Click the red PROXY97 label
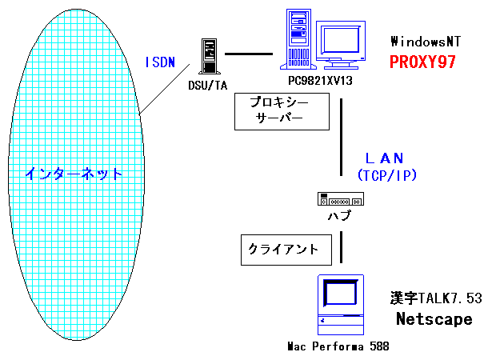tap(422, 62)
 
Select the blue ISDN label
tap(160, 62)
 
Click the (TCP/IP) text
tap(388, 174)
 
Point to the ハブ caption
tap(341, 216)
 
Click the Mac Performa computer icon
tap(342, 304)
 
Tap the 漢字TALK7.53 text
tap(437, 298)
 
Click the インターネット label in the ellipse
tap(74, 173)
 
